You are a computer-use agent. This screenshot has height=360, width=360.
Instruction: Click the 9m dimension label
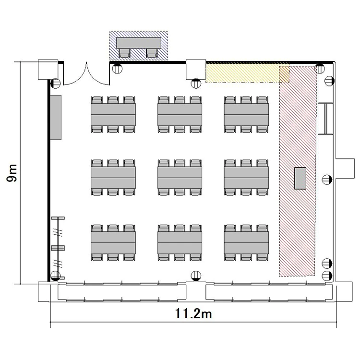tap(12, 173)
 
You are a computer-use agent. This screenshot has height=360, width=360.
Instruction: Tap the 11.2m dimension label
tap(193, 313)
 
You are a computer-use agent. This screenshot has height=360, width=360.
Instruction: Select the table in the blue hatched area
tap(139, 43)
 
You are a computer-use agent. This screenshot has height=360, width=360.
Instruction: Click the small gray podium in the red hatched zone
tap(300, 178)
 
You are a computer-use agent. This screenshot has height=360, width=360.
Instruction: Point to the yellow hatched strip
tap(248, 73)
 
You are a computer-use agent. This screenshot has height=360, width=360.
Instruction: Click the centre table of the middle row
tap(180, 178)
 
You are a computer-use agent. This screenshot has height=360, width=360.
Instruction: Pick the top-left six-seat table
tap(113, 114)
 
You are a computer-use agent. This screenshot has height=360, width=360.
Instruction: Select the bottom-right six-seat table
tap(246, 242)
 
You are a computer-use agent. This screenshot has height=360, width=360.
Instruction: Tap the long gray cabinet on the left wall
tap(56, 117)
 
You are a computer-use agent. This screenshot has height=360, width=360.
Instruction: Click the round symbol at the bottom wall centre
tap(196, 276)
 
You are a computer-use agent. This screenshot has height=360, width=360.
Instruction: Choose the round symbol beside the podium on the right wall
tap(327, 180)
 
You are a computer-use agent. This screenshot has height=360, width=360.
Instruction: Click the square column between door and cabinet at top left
tap(48, 70)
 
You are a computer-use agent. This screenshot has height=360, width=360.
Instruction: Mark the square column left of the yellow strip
tap(196, 70)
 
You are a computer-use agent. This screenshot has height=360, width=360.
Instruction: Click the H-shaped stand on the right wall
tap(325, 119)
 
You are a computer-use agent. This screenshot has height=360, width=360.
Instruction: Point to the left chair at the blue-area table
tap(124, 53)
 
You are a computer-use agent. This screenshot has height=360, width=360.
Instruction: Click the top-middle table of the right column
tap(246, 114)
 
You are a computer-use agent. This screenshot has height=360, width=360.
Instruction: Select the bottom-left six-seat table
tap(113, 242)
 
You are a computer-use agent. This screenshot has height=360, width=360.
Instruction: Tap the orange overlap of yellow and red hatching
tap(284, 74)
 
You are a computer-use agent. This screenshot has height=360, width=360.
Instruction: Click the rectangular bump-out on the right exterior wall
tap(345, 168)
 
